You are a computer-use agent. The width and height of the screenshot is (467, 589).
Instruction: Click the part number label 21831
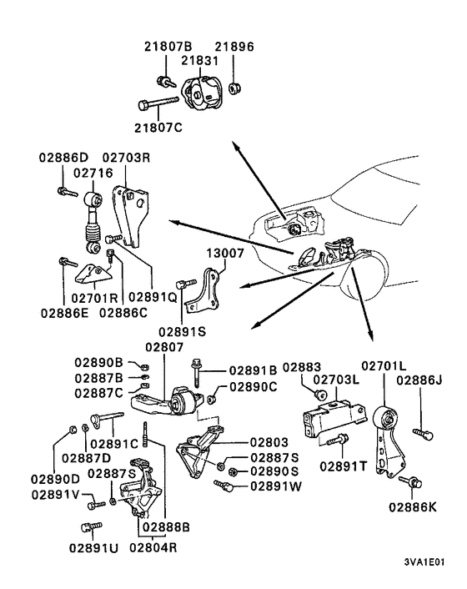pos(199,62)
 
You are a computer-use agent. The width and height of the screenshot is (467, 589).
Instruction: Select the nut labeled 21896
pos(234,85)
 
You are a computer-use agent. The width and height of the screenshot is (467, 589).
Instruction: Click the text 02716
pos(92,174)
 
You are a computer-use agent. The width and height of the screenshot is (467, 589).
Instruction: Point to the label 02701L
pos(384,365)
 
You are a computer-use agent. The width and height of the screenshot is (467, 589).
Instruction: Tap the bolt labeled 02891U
pos(89,527)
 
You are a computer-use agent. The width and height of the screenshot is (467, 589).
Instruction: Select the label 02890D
pos(55,478)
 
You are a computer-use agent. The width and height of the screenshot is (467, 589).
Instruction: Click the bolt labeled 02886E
pos(64,264)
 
